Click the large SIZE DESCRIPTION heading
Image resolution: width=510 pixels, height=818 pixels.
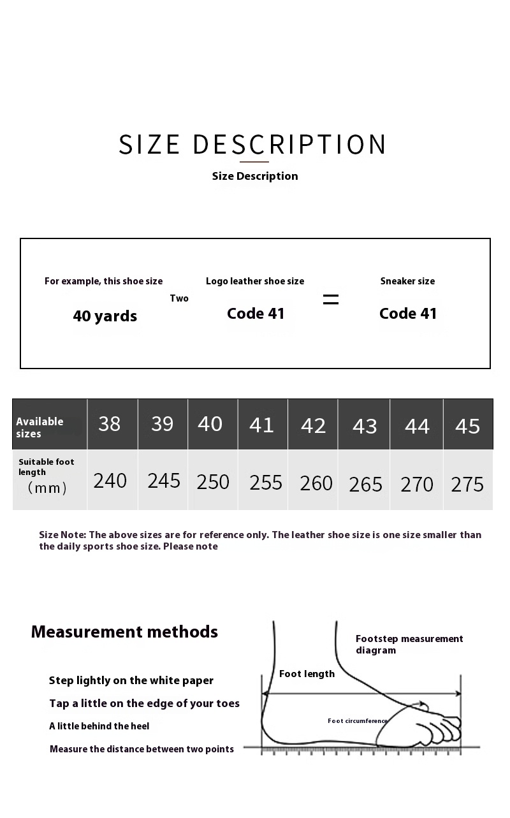pyautogui.click(x=253, y=145)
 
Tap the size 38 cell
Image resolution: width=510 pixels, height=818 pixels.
pyautogui.click(x=110, y=424)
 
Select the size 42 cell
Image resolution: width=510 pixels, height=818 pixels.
pyautogui.click(x=313, y=426)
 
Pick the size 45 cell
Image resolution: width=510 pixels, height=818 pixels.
pyautogui.click(x=467, y=426)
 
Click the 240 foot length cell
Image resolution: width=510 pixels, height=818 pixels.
pyautogui.click(x=110, y=481)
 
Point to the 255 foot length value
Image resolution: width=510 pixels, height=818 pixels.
pyautogui.click(x=266, y=483)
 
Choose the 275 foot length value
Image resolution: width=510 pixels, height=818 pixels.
pyautogui.click(x=467, y=485)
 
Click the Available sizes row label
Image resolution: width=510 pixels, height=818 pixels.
pyautogui.click(x=40, y=427)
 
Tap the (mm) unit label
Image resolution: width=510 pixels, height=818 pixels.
pyautogui.click(x=47, y=488)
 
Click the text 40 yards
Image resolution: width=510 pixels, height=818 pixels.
pyautogui.click(x=105, y=316)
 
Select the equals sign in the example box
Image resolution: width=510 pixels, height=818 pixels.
pyautogui.click(x=331, y=299)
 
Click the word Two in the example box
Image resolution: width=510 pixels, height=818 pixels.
pyautogui.click(x=179, y=298)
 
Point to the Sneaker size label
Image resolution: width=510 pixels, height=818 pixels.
pyautogui.click(x=407, y=281)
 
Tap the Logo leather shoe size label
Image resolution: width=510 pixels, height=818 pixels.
pyautogui.click(x=255, y=281)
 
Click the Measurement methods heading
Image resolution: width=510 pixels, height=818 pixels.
pyautogui.click(x=124, y=632)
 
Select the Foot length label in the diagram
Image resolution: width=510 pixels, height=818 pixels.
pyautogui.click(x=307, y=674)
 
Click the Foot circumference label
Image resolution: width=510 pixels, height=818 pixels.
pyautogui.click(x=357, y=721)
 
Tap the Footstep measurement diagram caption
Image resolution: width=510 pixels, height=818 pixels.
pyautogui.click(x=409, y=645)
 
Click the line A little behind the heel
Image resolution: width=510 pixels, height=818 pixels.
pyautogui.click(x=99, y=726)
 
